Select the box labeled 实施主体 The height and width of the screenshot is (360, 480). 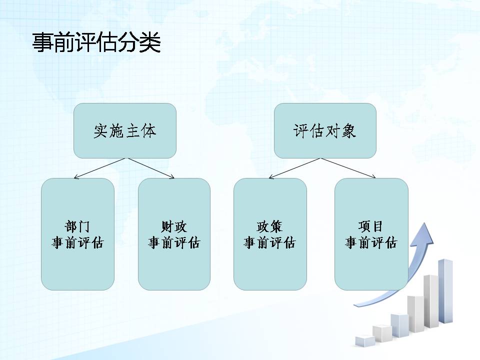click(125, 130)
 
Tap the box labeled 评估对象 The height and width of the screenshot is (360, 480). click(325, 130)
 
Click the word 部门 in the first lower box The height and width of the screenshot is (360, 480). click(78, 226)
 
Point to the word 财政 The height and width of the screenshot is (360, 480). click(174, 226)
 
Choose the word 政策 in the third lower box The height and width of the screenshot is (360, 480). click(269, 226)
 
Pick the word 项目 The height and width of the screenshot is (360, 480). click(370, 226)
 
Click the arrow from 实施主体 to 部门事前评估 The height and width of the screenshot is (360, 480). click(100, 168)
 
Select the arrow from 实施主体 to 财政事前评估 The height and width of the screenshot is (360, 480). click(151, 168)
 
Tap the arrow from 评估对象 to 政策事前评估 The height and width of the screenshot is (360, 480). click(294, 168)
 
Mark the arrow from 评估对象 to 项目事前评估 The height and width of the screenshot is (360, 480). click(348, 168)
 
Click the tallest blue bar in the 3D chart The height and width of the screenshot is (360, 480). click(445, 291)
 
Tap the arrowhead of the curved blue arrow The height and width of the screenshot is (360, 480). click(424, 234)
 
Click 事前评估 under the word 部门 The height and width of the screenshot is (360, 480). click(78, 243)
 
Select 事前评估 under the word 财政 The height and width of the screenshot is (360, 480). click(174, 243)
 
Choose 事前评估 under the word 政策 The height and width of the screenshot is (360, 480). click(269, 243)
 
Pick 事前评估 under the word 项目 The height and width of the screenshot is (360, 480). click(370, 243)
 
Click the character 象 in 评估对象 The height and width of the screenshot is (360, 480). click(348, 131)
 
